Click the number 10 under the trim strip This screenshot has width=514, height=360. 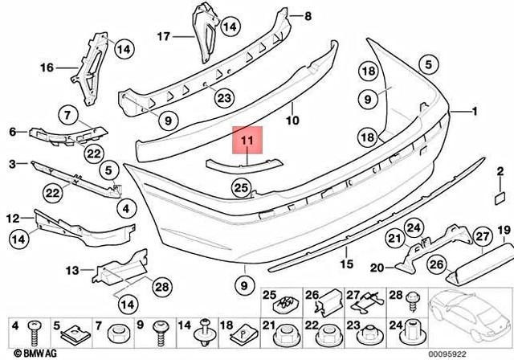pos(292,121)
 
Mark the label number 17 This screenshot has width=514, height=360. pos(163,36)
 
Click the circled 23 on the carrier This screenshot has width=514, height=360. pos(223,100)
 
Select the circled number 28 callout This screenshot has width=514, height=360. pos(161,286)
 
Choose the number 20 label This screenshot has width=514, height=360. pos(377,267)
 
